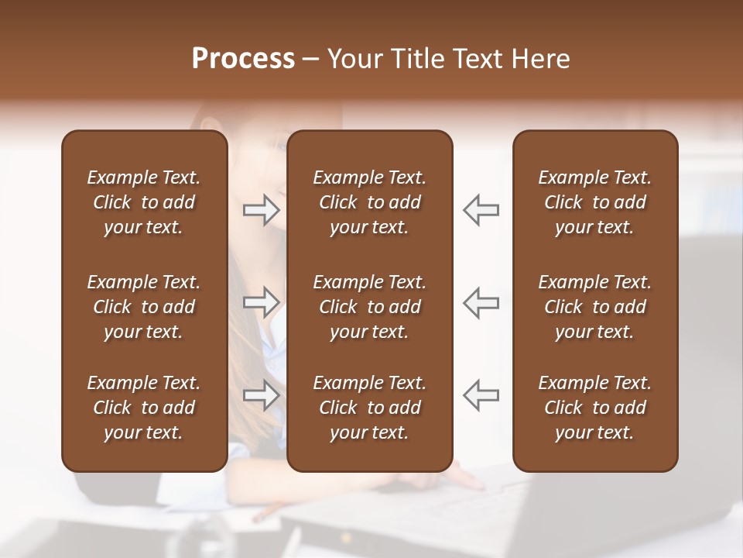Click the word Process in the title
click(x=243, y=59)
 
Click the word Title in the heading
click(x=414, y=59)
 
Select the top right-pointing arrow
click(x=262, y=210)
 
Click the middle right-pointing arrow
click(x=262, y=302)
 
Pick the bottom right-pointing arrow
click(x=262, y=395)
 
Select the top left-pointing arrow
click(x=481, y=210)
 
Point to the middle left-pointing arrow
click(x=481, y=302)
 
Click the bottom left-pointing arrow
click(x=481, y=395)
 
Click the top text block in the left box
click(x=144, y=202)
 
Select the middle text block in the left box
click(x=144, y=307)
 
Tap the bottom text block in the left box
click(x=144, y=408)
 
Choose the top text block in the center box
click(x=370, y=202)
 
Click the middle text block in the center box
click(x=370, y=307)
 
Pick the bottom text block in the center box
click(x=370, y=408)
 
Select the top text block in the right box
click(x=595, y=202)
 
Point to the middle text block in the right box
click(x=595, y=307)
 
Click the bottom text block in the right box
click(x=595, y=408)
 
